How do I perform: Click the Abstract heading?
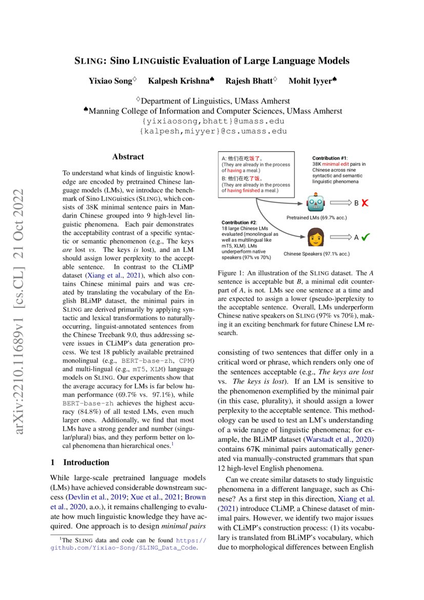coord(128,157)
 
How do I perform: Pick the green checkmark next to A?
coord(366,237)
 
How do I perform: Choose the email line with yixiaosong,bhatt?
coord(212,122)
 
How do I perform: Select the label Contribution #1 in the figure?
coord(330,158)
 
